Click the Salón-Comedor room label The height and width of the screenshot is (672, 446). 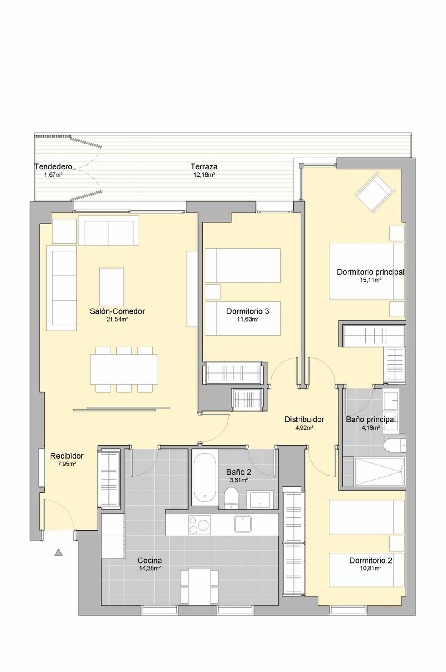point(117,311)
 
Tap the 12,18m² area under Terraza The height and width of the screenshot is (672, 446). point(204,175)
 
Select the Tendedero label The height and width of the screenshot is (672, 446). point(53,166)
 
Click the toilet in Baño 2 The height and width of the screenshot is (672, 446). point(231,498)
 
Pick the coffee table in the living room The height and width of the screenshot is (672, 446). point(111,287)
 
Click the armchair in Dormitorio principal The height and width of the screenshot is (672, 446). point(375,192)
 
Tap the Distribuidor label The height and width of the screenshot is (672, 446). point(304,419)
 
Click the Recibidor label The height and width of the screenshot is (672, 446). point(67,456)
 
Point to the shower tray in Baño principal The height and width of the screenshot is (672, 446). point(380,472)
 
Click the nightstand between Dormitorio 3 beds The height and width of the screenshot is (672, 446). point(213,292)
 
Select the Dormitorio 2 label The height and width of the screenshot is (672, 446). point(370,561)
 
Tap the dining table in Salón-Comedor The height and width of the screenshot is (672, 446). point(124,369)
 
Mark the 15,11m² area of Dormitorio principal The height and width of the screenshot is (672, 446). point(370,280)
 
